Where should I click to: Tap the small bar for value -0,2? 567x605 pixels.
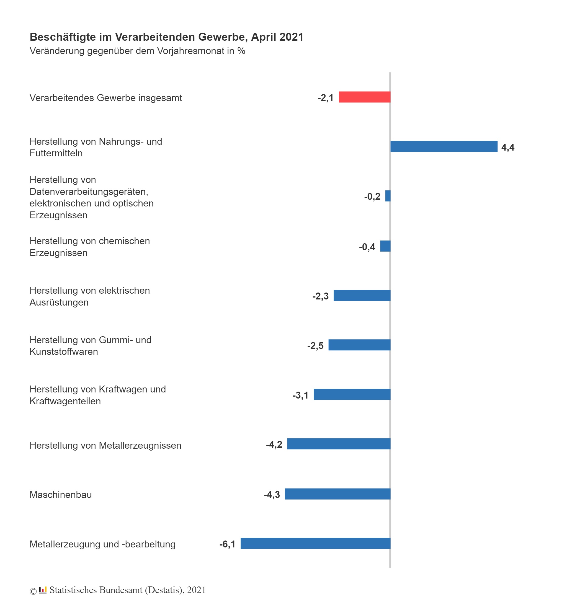[387, 196]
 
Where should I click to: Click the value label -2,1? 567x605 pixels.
[325, 98]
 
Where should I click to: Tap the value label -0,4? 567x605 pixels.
[367, 247]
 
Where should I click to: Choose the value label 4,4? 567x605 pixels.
[508, 147]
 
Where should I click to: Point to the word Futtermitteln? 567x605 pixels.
[56, 153]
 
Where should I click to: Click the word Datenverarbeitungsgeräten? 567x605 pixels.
[89, 192]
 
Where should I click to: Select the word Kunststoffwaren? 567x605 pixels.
[64, 351]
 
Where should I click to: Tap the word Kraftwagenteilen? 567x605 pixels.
[65, 401]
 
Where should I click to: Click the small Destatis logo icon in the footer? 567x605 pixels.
[43, 590]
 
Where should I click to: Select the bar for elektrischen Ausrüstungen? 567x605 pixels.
[362, 296]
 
